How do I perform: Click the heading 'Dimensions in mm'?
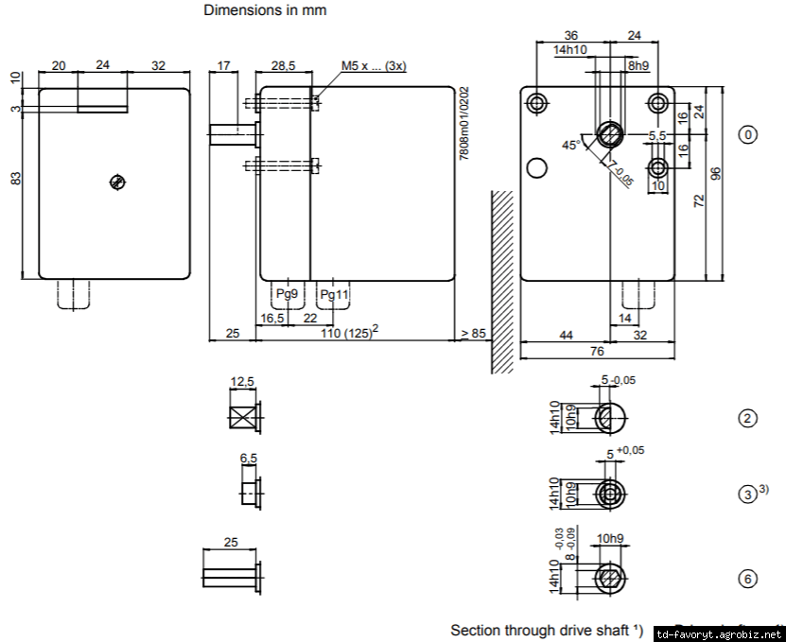point(265,11)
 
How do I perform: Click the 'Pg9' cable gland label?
point(287,295)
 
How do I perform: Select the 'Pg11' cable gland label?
point(335,295)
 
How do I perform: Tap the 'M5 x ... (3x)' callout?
point(374,66)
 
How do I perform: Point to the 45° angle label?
point(571,145)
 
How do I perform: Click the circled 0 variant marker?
point(748,134)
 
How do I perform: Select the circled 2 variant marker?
point(748,417)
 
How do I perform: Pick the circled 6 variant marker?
point(748,579)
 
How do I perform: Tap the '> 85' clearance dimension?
point(472,333)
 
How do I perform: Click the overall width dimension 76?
point(598,352)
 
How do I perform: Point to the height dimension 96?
point(716,173)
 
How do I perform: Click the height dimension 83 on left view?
point(16,178)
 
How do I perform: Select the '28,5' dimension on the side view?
point(284,65)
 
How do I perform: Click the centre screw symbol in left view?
point(117,182)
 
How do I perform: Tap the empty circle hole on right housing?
point(537,169)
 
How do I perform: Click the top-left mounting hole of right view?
point(537,102)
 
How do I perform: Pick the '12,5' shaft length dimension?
point(243,382)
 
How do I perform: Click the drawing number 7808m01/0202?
point(464,124)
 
